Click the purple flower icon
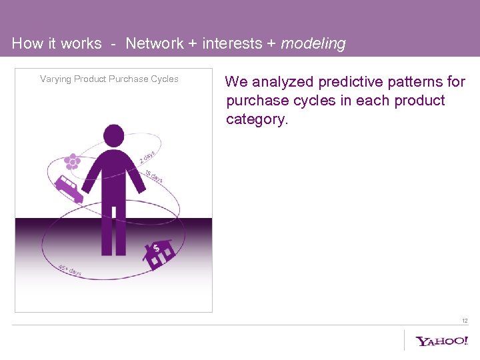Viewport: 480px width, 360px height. point(72,161)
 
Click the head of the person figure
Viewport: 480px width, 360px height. point(114,135)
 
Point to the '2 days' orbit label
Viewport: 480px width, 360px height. point(147,157)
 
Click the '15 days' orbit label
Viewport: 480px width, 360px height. point(154,176)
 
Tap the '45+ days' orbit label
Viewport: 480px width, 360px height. point(69,270)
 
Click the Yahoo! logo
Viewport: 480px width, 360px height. point(442,341)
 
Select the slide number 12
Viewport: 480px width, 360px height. point(465,321)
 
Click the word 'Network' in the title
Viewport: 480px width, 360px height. point(154,44)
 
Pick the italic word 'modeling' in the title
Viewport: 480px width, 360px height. point(313,44)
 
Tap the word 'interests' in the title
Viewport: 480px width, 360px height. point(233,44)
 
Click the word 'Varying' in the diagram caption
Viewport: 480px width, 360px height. point(55,79)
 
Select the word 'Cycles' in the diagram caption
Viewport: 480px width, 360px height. point(165,79)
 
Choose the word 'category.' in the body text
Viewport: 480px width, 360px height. point(257,119)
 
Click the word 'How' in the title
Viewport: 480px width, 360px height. point(27,44)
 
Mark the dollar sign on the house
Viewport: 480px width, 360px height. point(157,248)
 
